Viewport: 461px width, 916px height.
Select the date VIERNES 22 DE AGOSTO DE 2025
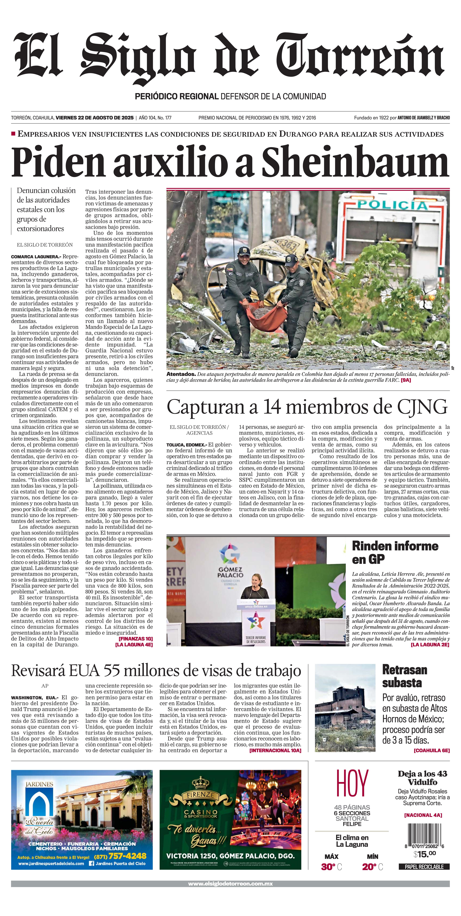[95, 118]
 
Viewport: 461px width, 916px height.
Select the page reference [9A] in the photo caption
[406, 380]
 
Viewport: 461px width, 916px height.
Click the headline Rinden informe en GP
[395, 552]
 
